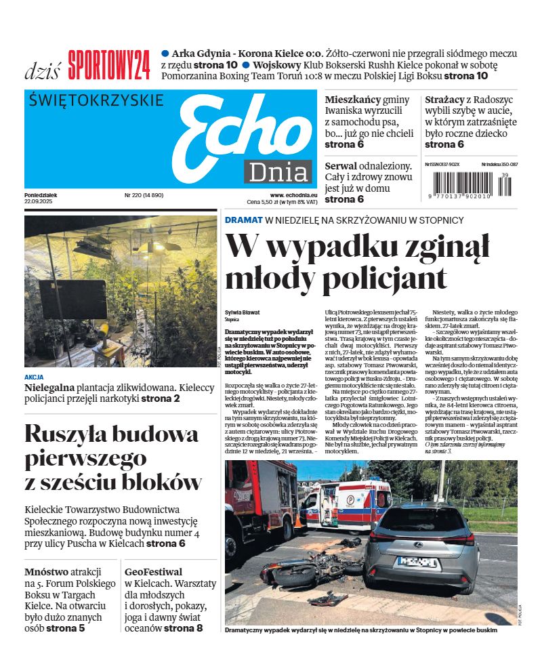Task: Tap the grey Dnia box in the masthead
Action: [x=278, y=172]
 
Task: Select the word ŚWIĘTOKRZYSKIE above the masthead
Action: [x=97, y=100]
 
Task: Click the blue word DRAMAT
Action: [x=243, y=220]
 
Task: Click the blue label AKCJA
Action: [x=34, y=377]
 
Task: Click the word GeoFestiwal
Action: [x=153, y=572]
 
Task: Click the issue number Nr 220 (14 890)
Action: [x=144, y=195]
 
